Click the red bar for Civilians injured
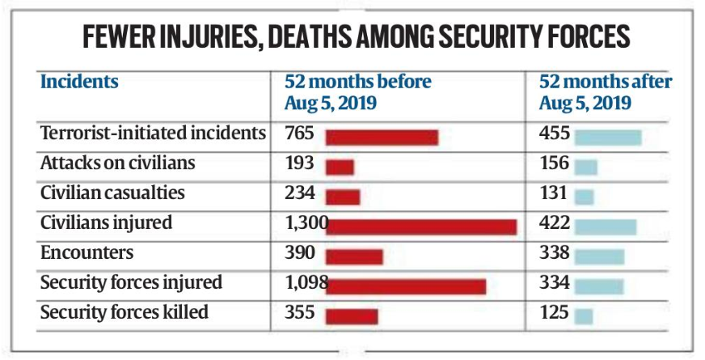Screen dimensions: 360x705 [421, 227]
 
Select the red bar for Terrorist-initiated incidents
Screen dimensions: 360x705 [382, 137]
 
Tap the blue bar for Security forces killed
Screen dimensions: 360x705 [585, 316]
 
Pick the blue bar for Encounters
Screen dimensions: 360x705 [599, 256]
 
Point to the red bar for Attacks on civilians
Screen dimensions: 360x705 [340, 167]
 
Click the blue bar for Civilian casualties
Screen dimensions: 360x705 [585, 197]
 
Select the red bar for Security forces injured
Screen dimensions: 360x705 [406, 286]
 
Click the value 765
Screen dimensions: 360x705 [299, 133]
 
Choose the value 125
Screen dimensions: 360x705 [554, 312]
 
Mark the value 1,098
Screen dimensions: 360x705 [305, 282]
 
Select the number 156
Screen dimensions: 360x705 [554, 163]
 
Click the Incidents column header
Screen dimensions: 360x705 [79, 82]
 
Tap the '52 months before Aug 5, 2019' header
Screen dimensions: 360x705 [357, 92]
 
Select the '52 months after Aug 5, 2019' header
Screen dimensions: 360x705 [606, 92]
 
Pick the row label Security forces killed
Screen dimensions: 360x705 [124, 312]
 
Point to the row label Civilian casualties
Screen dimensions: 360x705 [112, 193]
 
